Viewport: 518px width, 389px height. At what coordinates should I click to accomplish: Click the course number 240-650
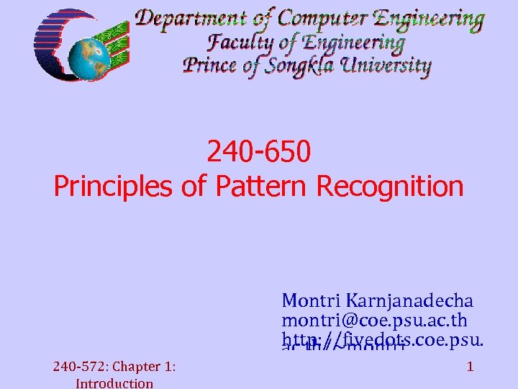pyautogui.click(x=259, y=151)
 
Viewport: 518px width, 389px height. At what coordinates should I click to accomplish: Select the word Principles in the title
pyautogui.click(x=116, y=187)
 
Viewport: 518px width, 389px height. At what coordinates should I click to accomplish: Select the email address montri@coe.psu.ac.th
pyautogui.click(x=374, y=319)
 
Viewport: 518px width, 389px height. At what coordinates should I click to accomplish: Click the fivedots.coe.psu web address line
pyautogui.click(x=382, y=337)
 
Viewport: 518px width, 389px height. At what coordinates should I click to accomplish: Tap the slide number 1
pyautogui.click(x=469, y=367)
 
